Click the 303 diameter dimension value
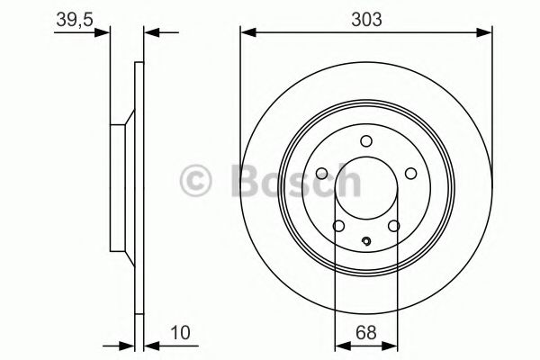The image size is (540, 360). point(365,17)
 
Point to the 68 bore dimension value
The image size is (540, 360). point(365,333)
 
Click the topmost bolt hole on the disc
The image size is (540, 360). point(365,140)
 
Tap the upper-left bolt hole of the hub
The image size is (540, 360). point(322,175)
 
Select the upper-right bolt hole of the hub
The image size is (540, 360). point(409,175)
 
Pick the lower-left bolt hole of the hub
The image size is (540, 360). point(338,226)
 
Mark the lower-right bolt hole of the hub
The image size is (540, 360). point(393,226)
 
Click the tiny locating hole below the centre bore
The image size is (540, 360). point(365,240)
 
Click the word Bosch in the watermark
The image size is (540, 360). point(297,181)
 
